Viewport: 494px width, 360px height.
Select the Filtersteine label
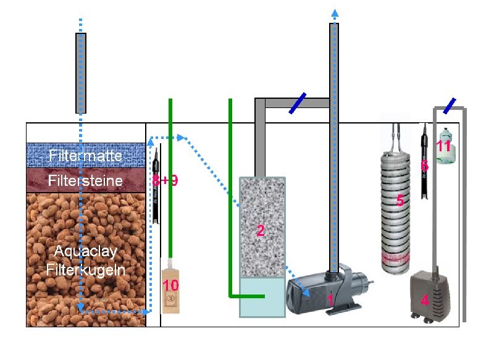coord(86,181)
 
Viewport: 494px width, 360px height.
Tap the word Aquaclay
coord(85,252)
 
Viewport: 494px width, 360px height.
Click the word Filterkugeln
coord(86,270)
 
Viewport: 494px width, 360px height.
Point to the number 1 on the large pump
coord(330,299)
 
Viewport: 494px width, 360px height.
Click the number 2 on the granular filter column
coord(261,231)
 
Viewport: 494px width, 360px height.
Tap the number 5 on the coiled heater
coord(400,201)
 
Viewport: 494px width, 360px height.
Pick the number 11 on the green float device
coord(443,146)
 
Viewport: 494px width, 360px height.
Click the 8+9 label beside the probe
coord(164,181)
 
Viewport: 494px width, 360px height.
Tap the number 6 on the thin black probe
coord(424,166)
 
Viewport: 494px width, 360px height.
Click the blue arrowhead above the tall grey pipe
coord(334,13)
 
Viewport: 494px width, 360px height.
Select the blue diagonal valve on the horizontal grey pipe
coord(298,103)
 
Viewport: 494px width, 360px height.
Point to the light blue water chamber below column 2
coord(262,297)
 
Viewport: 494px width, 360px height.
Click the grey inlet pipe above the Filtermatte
coord(80,73)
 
